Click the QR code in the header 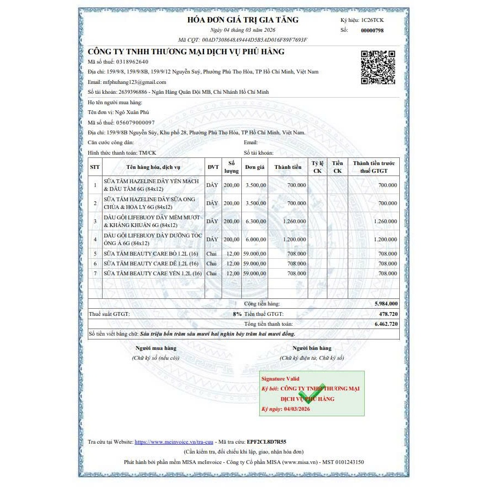tap(378, 67)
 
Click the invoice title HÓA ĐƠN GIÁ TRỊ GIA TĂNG tap(243, 20)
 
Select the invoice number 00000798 tap(372, 30)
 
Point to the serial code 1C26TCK tap(373, 20)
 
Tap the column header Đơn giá tap(255, 167)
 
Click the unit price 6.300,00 tap(256, 221)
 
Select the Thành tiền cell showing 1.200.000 tap(294, 240)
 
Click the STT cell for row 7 tap(95, 273)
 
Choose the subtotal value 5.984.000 tap(386, 303)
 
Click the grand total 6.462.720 tap(386, 324)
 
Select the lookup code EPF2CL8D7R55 tap(267, 441)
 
